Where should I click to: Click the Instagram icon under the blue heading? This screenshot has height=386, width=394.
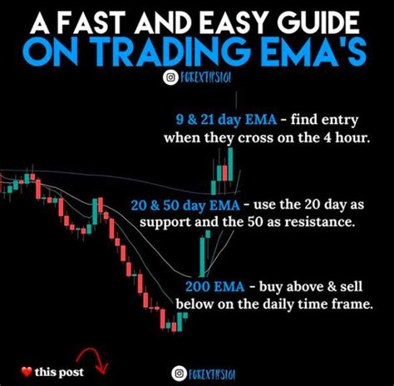click(x=170, y=78)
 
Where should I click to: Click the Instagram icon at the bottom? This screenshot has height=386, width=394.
click(x=179, y=374)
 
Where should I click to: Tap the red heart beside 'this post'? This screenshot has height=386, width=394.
click(x=27, y=372)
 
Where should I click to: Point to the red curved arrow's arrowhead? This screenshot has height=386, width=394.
click(x=102, y=369)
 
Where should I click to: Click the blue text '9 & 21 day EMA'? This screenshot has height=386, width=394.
click(x=226, y=120)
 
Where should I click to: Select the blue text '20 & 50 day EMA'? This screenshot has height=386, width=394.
click(x=185, y=205)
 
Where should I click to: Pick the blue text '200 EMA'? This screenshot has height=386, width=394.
click(x=215, y=286)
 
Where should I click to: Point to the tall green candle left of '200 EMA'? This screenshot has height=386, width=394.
click(x=203, y=256)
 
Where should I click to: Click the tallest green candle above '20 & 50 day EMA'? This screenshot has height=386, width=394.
click(x=230, y=164)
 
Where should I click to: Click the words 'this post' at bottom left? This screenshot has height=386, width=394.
click(x=59, y=372)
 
